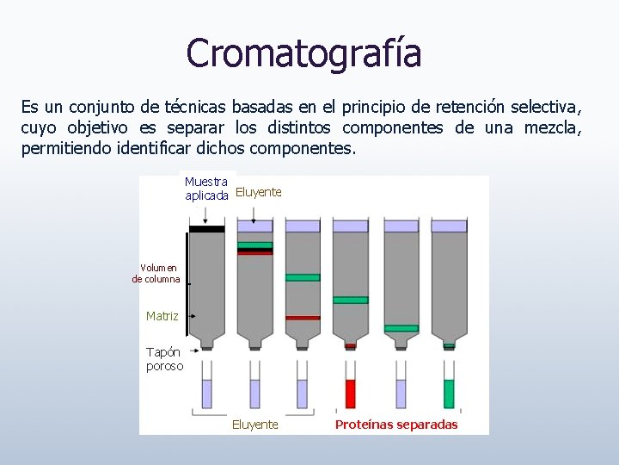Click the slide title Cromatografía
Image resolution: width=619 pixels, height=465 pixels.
303,53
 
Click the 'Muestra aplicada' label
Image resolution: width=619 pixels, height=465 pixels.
206,189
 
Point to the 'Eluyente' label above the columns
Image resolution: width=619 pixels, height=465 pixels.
258,192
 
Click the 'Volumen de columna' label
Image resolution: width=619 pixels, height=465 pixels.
156,273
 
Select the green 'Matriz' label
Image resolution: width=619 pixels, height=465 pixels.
162,316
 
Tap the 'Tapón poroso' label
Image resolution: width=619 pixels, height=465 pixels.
164,358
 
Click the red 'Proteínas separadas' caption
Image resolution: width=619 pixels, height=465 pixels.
396,425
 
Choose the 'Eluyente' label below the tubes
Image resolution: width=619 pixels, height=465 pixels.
255,425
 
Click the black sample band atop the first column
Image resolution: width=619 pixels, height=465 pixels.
206,228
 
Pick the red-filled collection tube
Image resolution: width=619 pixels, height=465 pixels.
350,394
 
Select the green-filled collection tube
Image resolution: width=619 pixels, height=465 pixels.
449,394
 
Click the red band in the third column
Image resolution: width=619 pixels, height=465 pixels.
303,318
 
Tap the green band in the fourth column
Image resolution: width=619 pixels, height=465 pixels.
350,300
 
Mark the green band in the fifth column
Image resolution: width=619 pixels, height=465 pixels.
401,328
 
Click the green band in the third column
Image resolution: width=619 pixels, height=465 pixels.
303,277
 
